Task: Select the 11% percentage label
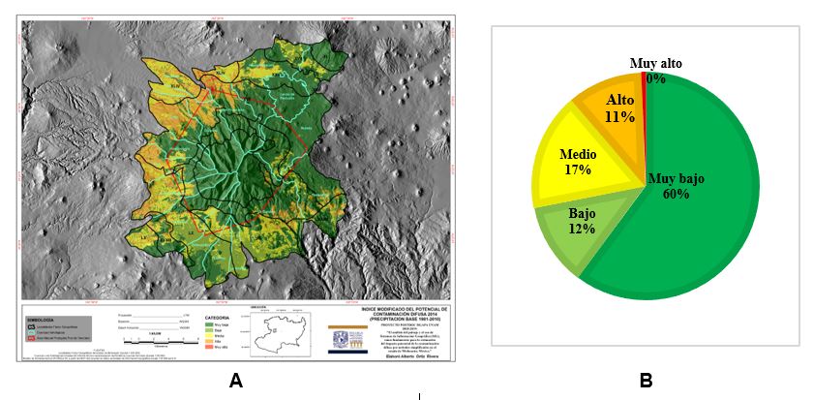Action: pyautogui.click(x=619, y=117)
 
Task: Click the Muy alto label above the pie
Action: pyautogui.click(x=655, y=64)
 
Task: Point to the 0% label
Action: pyautogui.click(x=655, y=78)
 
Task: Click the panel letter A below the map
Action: pyautogui.click(x=235, y=382)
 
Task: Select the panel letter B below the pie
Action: pyautogui.click(x=646, y=382)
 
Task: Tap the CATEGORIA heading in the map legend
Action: pyautogui.click(x=218, y=316)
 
